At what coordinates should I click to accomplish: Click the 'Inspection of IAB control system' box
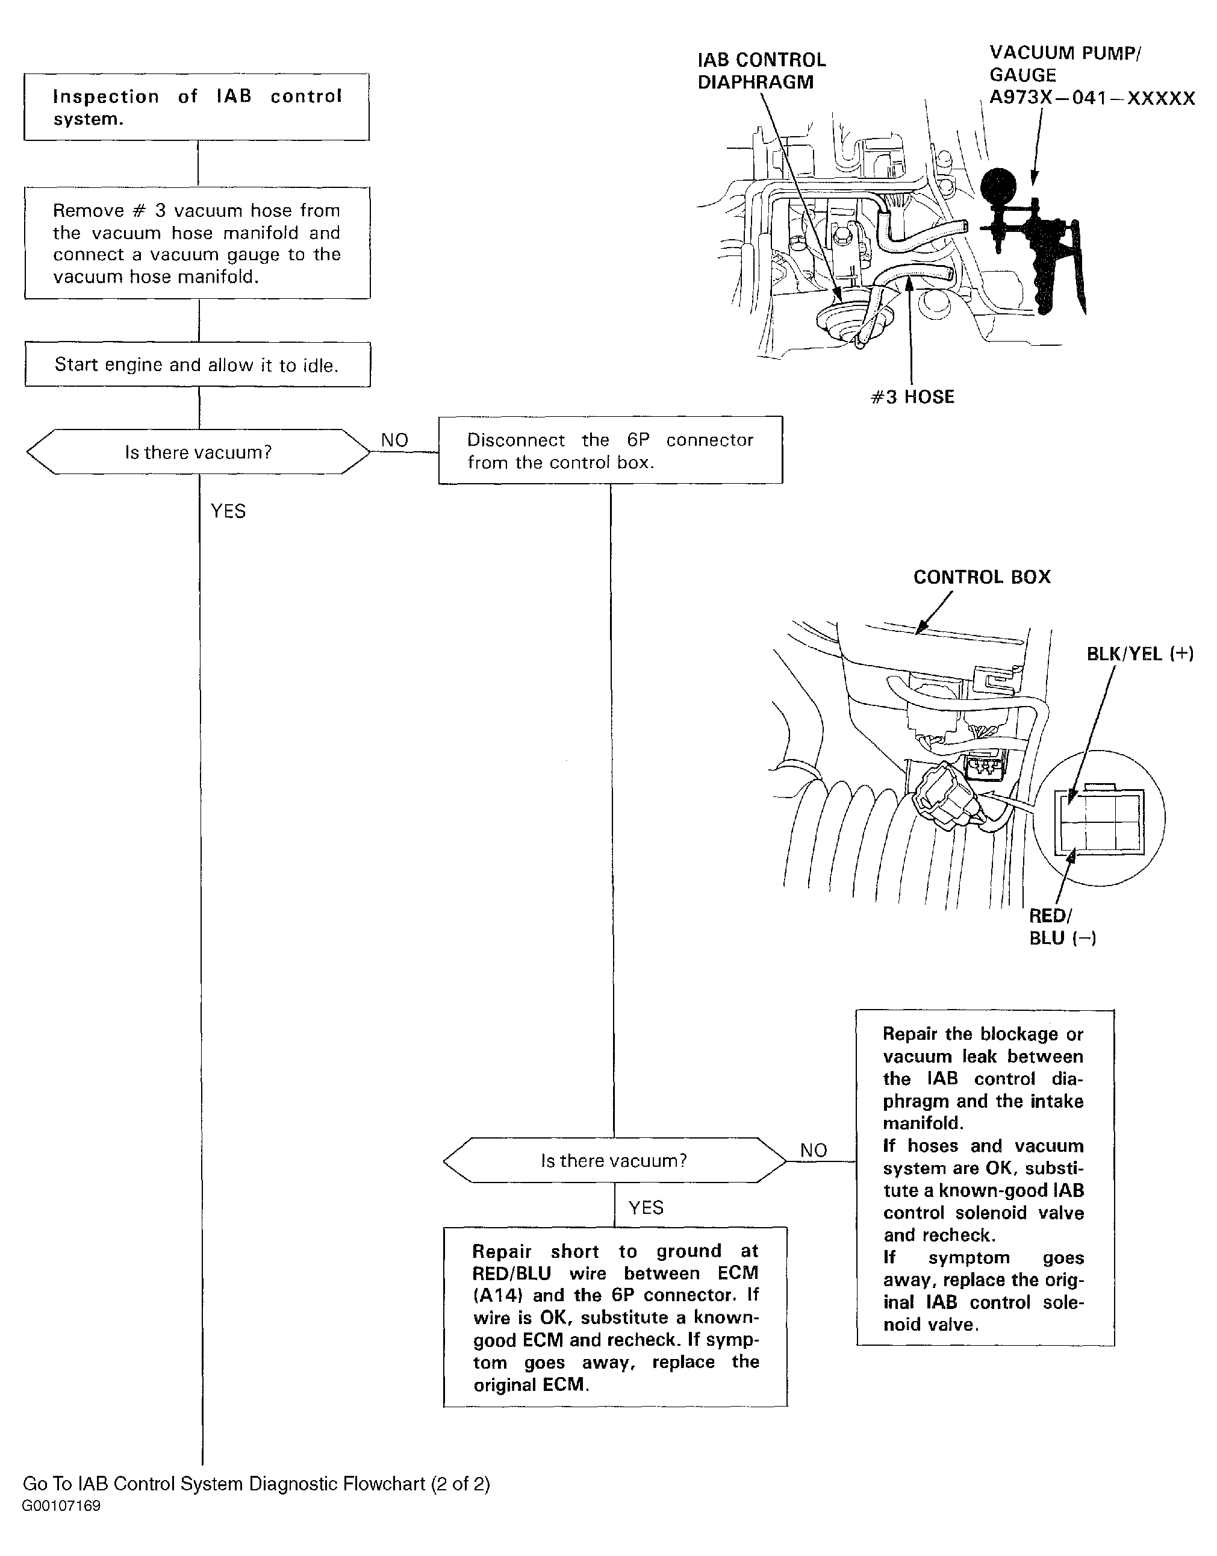click(x=197, y=107)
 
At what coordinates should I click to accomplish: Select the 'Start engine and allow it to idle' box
click(x=198, y=364)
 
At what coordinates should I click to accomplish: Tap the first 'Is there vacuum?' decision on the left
click(x=198, y=452)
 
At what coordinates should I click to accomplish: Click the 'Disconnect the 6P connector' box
click(x=610, y=451)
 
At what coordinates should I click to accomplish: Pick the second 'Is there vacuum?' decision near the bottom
click(x=614, y=1160)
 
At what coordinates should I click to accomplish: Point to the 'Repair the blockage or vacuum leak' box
click(x=984, y=1178)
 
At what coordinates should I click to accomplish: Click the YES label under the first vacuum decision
click(x=228, y=511)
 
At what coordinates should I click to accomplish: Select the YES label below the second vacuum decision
click(x=646, y=1207)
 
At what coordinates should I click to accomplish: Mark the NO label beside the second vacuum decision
click(x=814, y=1150)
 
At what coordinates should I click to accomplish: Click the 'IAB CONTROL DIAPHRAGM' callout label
click(x=761, y=70)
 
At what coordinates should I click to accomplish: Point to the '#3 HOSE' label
click(x=912, y=397)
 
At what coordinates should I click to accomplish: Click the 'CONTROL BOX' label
click(x=982, y=576)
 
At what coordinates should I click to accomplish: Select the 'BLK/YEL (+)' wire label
click(x=1139, y=654)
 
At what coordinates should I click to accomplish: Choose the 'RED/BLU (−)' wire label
click(x=1062, y=926)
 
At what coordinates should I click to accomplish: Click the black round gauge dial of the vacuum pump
click(x=1000, y=187)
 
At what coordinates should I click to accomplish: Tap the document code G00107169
click(x=61, y=1506)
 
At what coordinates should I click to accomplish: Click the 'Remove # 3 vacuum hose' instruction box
click(x=198, y=243)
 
